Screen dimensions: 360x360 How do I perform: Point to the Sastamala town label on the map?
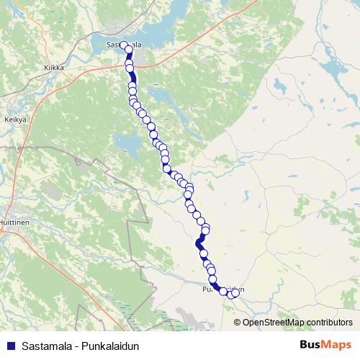coord(123,45)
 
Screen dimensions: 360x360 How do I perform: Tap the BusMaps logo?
coord(325,345)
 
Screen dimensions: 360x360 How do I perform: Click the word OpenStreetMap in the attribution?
coord(274,322)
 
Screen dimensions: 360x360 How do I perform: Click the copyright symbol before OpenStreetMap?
coord(238,322)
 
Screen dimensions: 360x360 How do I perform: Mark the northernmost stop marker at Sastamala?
coord(123,45)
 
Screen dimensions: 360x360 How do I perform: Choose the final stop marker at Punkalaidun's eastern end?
coord(235,292)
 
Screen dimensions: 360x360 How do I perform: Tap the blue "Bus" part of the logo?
coord(310,345)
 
